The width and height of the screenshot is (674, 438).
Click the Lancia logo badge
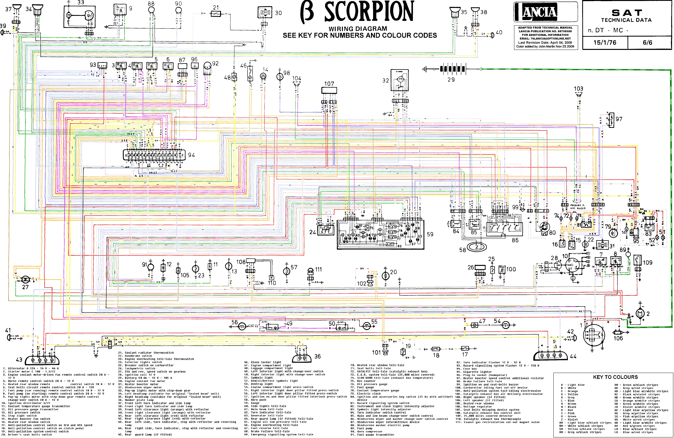tap(539, 12)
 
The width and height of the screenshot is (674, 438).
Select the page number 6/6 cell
tap(647, 43)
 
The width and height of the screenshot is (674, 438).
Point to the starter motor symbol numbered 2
tap(639, 313)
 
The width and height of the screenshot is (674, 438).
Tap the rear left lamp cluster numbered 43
tap(43, 360)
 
